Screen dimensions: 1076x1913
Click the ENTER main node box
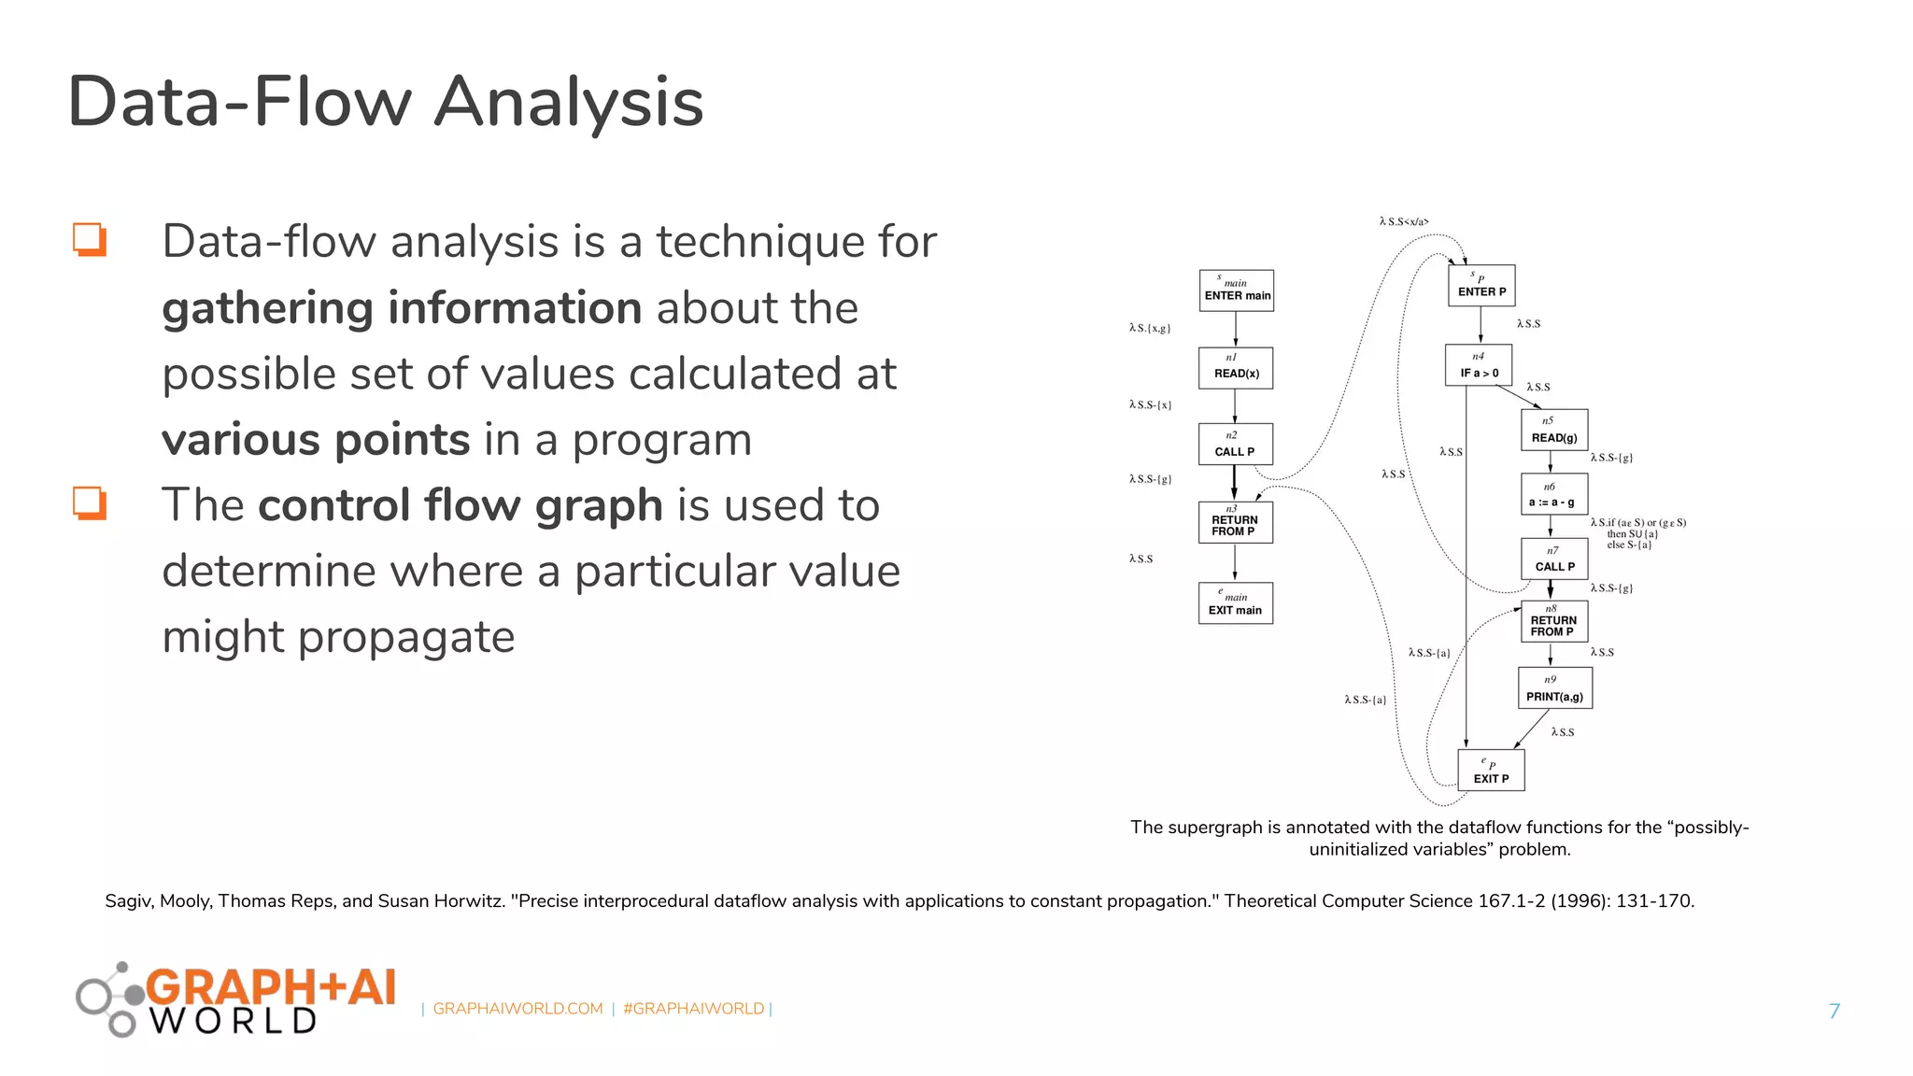(1236, 290)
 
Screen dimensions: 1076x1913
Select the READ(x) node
(1236, 367)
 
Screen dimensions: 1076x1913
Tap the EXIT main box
(1235, 603)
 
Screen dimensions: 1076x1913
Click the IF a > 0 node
(1479, 365)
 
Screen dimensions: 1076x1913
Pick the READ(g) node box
(1554, 431)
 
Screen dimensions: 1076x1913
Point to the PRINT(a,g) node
(1554, 689)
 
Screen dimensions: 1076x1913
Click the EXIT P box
(1492, 771)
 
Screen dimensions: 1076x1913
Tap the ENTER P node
(1481, 286)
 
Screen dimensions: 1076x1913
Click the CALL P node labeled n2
(1235, 444)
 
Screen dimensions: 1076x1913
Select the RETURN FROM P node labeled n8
(1553, 621)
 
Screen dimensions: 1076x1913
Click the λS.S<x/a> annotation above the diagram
(1403, 222)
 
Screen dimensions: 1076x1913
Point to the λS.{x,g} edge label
(1149, 329)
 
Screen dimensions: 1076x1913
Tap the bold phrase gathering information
(402, 308)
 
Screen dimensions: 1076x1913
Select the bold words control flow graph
(461, 505)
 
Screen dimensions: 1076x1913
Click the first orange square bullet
(90, 240)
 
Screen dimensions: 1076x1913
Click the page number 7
(1834, 1011)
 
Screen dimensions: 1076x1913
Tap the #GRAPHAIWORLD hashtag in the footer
(693, 1009)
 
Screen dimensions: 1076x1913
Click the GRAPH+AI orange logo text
(271, 987)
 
